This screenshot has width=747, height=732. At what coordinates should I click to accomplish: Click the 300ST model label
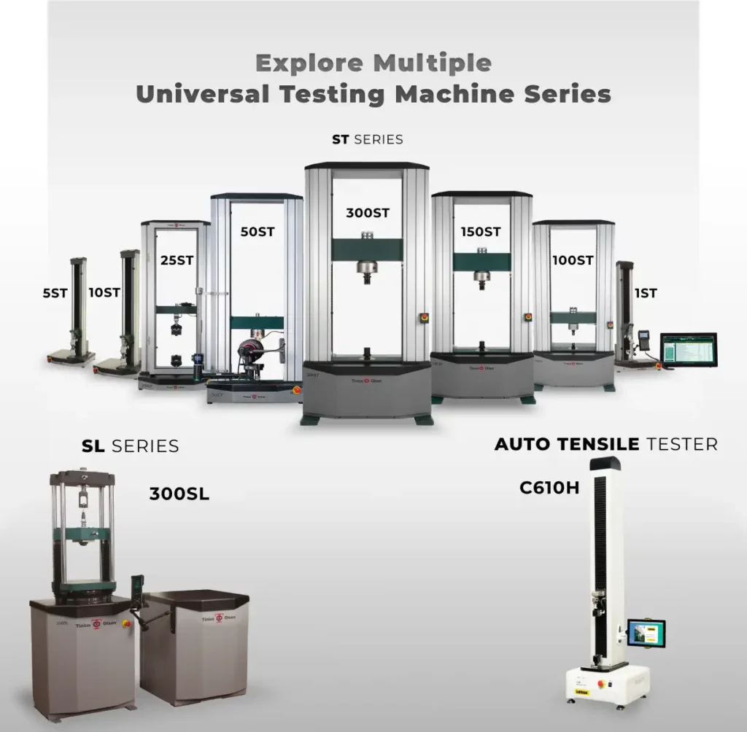point(368,214)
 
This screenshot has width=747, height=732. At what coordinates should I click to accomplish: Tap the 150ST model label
point(480,232)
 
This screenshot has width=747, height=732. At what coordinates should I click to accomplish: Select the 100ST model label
point(572,260)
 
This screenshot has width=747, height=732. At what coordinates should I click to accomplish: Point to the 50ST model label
point(257,233)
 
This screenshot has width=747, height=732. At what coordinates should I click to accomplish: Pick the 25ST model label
point(177,260)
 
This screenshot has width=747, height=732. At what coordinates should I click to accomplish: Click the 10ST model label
point(104,293)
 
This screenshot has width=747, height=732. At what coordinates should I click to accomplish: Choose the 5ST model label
point(55,293)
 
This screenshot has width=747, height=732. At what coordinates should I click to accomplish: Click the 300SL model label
point(179,494)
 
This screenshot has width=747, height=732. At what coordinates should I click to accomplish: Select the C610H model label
point(549,488)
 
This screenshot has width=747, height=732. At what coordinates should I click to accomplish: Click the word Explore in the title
point(310,63)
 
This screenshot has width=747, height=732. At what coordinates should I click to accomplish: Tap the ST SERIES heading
point(368,139)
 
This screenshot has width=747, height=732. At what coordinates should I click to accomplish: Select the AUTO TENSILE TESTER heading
point(605,444)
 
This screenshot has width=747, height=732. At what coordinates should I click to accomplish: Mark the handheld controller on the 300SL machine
point(134,590)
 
